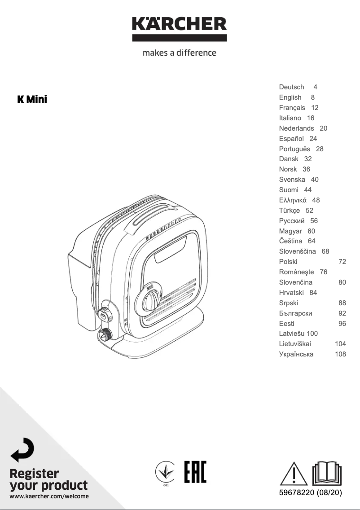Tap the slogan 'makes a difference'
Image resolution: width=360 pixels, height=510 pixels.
[x=179, y=53]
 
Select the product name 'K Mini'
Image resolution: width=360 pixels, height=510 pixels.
[x=32, y=99]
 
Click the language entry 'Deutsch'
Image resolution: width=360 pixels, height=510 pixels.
[x=291, y=87]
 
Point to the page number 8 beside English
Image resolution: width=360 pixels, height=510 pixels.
[x=312, y=97]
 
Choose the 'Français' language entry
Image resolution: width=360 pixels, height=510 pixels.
[x=292, y=108]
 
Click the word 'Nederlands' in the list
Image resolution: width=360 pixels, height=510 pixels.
[x=296, y=128]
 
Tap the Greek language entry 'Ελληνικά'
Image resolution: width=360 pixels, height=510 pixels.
[x=293, y=200]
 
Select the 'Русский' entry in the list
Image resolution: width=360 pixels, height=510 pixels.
[x=292, y=221]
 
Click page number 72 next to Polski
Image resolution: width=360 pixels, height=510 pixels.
[x=342, y=262]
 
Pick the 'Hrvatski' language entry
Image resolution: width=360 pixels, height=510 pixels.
[x=291, y=293]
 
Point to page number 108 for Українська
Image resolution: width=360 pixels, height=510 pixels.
[x=340, y=354]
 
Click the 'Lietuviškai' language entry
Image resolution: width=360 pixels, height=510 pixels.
[x=295, y=344]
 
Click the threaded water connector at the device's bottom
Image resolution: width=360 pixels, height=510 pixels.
[x=106, y=334]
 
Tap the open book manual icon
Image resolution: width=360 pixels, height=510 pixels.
[x=327, y=473]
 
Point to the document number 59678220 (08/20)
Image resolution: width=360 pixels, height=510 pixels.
[x=310, y=493]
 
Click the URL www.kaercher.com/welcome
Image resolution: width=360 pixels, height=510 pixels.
[x=49, y=497]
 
